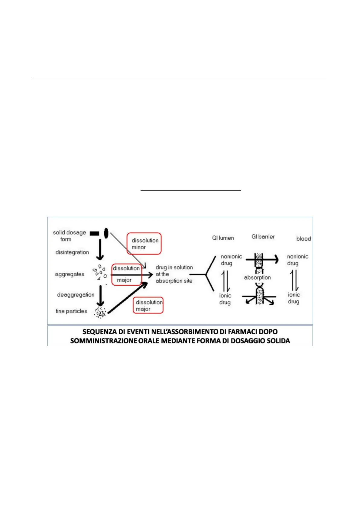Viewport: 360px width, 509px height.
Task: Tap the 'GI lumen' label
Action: pyautogui.click(x=223, y=238)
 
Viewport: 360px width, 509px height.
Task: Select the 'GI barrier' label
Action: pyautogui.click(x=263, y=237)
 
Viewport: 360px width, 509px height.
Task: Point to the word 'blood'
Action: pyautogui.click(x=304, y=238)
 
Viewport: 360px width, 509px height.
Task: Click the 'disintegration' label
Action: pyautogui.click(x=72, y=252)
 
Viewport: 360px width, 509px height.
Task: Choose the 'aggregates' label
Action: pyautogui.click(x=70, y=274)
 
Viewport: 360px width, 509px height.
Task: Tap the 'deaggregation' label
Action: pyautogui.click(x=76, y=295)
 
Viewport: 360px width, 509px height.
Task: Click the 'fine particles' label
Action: pyautogui.click(x=71, y=311)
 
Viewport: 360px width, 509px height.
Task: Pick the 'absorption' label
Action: pyautogui.click(x=257, y=277)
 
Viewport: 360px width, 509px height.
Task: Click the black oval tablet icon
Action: pyautogui.click(x=106, y=233)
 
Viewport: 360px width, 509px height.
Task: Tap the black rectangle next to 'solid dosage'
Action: pyautogui.click(x=94, y=233)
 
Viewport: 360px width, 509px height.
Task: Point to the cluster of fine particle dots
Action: pyautogui.click(x=100, y=312)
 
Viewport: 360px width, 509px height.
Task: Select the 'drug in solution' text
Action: pyautogui.click(x=174, y=267)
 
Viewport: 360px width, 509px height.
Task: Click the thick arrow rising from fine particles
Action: pyautogui.click(x=128, y=298)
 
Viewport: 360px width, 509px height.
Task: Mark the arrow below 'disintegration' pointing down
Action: pyautogui.click(x=100, y=249)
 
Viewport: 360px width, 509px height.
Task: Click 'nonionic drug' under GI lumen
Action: pyautogui.click(x=231, y=260)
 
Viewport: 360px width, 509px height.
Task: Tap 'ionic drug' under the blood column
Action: pyautogui.click(x=294, y=298)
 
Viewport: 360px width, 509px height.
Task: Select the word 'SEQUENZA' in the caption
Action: pyautogui.click(x=99, y=332)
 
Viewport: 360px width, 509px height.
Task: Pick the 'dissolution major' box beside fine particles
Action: pyautogui.click(x=148, y=305)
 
